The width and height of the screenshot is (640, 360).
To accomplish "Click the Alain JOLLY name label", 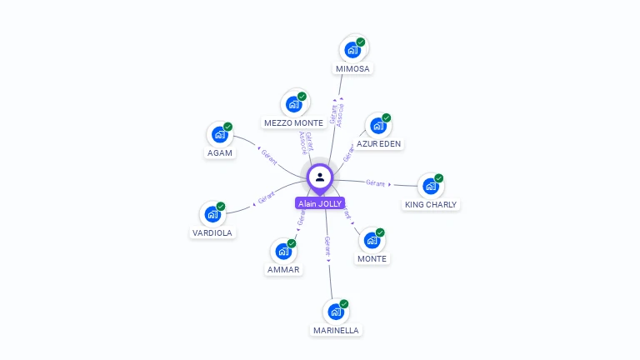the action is coord(320,203).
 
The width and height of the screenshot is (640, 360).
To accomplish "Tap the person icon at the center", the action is coord(320,177).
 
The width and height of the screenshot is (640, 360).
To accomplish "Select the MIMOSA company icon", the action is coord(352,50).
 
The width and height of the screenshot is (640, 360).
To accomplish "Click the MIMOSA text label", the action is coord(352,68).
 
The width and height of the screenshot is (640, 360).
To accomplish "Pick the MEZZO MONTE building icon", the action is coord(293,104).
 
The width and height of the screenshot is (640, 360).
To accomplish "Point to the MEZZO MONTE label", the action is coord(293,122).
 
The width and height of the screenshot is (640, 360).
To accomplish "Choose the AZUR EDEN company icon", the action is coord(378,126).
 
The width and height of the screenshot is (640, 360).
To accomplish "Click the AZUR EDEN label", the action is coord(379,143).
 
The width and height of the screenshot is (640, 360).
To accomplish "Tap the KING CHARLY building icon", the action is coord(431,186).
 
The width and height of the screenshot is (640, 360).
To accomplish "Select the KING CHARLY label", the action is coord(431,204).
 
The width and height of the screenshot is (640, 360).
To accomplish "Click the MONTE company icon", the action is coord(372,240).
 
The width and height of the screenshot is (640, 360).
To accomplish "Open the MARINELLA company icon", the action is coord(336,312).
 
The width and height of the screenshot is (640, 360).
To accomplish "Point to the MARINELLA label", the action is coord(336,330).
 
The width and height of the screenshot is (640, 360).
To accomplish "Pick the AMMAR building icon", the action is coord(283,251).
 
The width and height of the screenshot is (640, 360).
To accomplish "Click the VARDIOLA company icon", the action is coord(212,214).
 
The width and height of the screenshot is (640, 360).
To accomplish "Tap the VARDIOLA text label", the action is coord(212,232).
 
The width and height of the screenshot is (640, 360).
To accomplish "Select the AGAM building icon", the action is coord(220,134).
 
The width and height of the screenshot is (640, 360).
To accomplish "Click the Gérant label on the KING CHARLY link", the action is coord(376,182).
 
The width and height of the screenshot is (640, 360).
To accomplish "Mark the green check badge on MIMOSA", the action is coord(361,42).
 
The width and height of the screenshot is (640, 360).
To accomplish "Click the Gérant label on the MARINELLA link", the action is coord(327,245).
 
